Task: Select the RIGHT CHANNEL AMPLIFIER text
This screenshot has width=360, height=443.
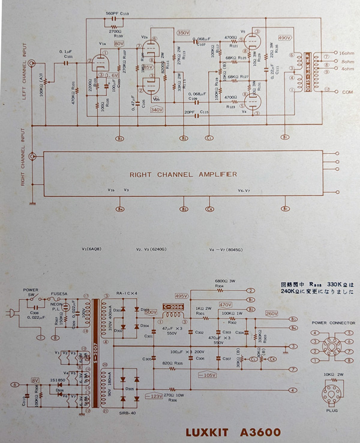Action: click(x=183, y=174)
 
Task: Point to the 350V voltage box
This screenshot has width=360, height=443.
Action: click(x=183, y=32)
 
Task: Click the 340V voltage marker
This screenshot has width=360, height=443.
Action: click(x=157, y=110)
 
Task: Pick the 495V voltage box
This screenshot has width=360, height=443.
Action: click(x=181, y=296)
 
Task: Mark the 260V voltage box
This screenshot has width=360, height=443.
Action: click(x=271, y=314)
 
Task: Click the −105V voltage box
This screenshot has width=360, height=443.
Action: click(x=206, y=376)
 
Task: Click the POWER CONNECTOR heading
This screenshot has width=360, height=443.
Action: click(x=333, y=323)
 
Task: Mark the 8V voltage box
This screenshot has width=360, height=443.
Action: click(x=35, y=379)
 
